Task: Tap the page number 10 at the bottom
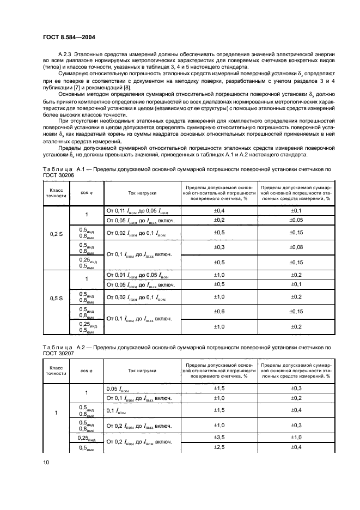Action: coord(46,462)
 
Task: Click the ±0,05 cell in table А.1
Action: coord(296,220)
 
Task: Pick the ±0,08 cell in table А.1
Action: coord(296,247)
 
